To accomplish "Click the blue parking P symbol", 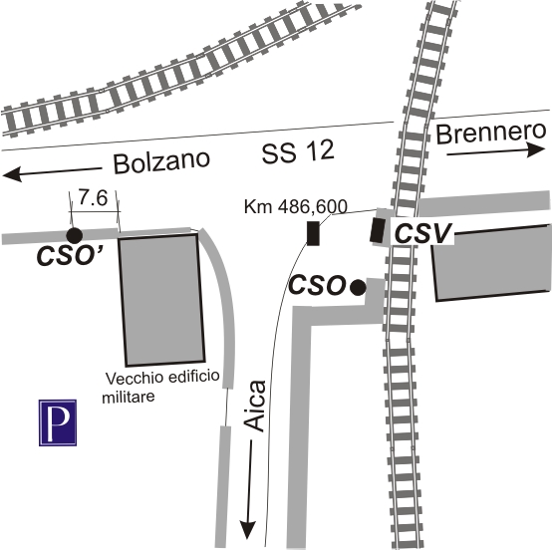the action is (x=58, y=422).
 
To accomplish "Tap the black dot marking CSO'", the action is (x=75, y=235).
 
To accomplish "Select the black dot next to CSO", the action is (x=358, y=287).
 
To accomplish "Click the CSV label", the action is (x=422, y=233).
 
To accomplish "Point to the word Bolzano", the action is (x=161, y=161).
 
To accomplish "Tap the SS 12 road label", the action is (x=298, y=152).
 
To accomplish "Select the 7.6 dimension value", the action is (x=93, y=198).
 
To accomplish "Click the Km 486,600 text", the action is (x=296, y=206).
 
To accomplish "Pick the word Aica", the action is (x=255, y=406).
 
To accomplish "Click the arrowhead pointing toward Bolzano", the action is (x=13, y=175).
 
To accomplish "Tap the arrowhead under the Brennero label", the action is (x=536, y=149).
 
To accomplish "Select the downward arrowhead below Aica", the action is (x=248, y=530).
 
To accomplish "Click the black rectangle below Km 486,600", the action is (x=313, y=233).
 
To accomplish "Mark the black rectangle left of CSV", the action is (x=377, y=230).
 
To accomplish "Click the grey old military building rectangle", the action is (x=162, y=300).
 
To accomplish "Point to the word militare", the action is (x=129, y=397).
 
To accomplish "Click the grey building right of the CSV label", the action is (x=492, y=263).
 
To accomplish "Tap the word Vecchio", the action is (x=135, y=379).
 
